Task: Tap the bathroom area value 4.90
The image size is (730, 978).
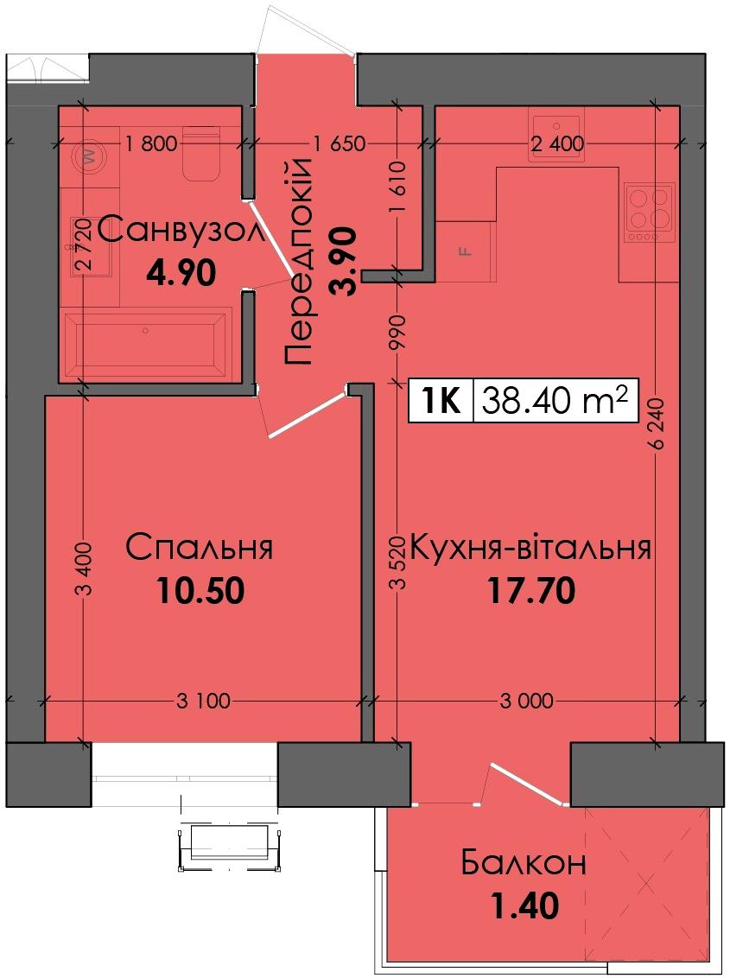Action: click(x=181, y=272)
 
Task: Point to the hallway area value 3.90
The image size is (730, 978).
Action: click(x=344, y=261)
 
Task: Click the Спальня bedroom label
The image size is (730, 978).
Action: click(x=199, y=548)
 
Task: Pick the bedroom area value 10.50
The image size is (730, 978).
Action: click(x=201, y=590)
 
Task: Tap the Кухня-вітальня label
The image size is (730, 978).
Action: click(x=530, y=548)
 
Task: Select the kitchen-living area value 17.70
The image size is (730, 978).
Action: click(x=531, y=590)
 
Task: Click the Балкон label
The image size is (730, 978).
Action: click(x=524, y=863)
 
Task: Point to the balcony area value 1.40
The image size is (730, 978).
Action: click(x=525, y=905)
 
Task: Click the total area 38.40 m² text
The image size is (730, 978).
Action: click(x=555, y=400)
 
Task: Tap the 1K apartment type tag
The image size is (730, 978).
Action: click(x=441, y=400)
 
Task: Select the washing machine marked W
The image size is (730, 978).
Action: click(x=89, y=156)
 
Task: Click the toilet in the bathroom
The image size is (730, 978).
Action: click(x=201, y=153)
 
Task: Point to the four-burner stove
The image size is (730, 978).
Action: click(x=650, y=213)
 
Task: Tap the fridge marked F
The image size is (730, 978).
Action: click(x=466, y=251)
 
